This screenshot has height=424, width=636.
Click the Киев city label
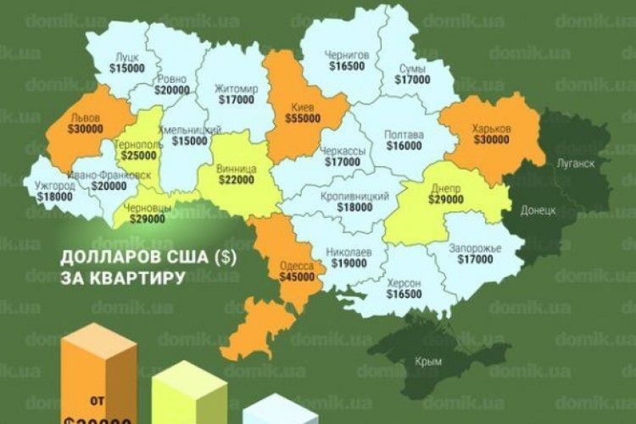303,107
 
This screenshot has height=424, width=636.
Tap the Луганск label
574,162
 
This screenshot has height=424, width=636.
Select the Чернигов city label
347,56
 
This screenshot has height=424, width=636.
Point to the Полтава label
402,134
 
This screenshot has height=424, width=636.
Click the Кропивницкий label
355,195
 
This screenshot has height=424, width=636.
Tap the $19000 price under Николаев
348,264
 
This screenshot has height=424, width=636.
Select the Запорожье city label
473,248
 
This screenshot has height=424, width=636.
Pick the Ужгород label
56,184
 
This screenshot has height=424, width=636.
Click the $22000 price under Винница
235,179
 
